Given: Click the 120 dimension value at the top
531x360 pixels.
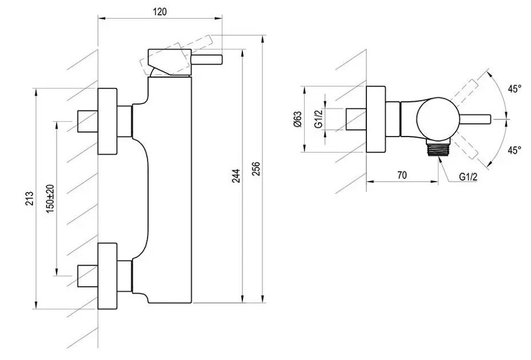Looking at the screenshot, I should point(160,12).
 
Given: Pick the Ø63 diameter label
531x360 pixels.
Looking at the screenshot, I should point(297,119).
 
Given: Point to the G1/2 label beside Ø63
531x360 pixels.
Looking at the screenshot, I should point(319,118).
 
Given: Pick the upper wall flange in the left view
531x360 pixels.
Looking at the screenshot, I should point(108,121).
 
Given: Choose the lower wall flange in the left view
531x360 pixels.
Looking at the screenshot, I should point(108,275).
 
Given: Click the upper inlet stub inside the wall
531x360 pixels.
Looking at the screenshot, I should point(87,121).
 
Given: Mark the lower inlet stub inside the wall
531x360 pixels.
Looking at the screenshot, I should point(87,276).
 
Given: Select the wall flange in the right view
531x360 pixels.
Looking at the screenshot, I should point(375,119).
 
